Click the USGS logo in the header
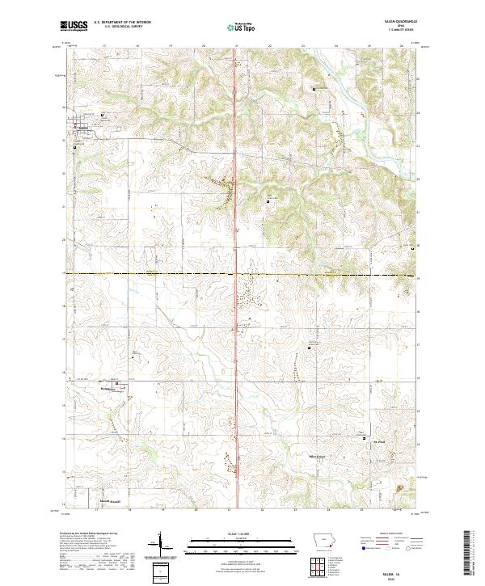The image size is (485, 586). click(74, 26)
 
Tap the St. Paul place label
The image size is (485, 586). click(376, 441)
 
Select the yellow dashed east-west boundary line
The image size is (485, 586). click(162, 274)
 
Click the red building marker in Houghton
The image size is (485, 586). click(116, 384)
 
